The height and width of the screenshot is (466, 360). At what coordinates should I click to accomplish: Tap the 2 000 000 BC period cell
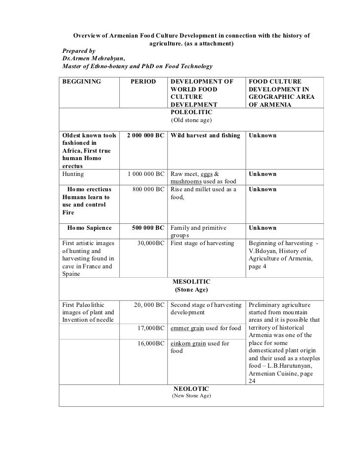pos(145,135)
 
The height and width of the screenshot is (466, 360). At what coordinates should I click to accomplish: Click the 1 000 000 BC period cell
pos(145,174)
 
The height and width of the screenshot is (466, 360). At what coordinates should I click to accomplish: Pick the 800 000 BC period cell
pos(149,190)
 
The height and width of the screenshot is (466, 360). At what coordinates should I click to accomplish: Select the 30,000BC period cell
pos(150,244)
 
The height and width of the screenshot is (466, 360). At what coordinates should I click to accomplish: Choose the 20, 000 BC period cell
pos(148,305)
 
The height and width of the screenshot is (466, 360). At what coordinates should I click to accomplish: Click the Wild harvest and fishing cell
pos(205,135)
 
